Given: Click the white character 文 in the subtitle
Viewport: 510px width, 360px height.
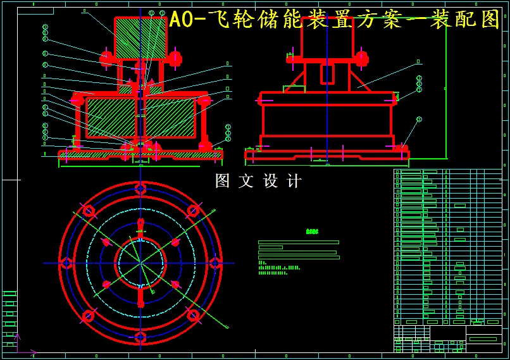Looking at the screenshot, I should pos(246,182).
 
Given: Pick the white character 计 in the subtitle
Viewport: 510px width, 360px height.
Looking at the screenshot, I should pos(294,182).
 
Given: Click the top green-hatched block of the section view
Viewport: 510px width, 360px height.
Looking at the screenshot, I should pos(140,38).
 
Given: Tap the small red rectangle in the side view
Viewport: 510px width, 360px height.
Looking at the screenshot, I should pos(327,73).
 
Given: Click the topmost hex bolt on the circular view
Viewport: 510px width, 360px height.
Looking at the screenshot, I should pos(140,189).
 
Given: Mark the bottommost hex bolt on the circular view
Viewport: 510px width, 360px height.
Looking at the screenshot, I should pos(140,337).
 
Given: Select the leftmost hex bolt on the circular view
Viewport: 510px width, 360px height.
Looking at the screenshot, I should pos(66,263).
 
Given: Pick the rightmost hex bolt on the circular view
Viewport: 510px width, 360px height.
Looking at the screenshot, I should pos(215,263).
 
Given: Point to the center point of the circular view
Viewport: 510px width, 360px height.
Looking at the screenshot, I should pos(140,263).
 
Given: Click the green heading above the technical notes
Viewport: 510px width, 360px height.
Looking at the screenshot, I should pos(312,232).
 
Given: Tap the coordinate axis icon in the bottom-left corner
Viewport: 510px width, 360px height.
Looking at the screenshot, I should pos(19,347).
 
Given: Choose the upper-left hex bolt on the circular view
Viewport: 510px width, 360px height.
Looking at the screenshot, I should pos(88,210).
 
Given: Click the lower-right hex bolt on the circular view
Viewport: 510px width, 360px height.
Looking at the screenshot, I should pos(193,315).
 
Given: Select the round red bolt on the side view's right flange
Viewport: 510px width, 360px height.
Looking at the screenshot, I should pos(361,59).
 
